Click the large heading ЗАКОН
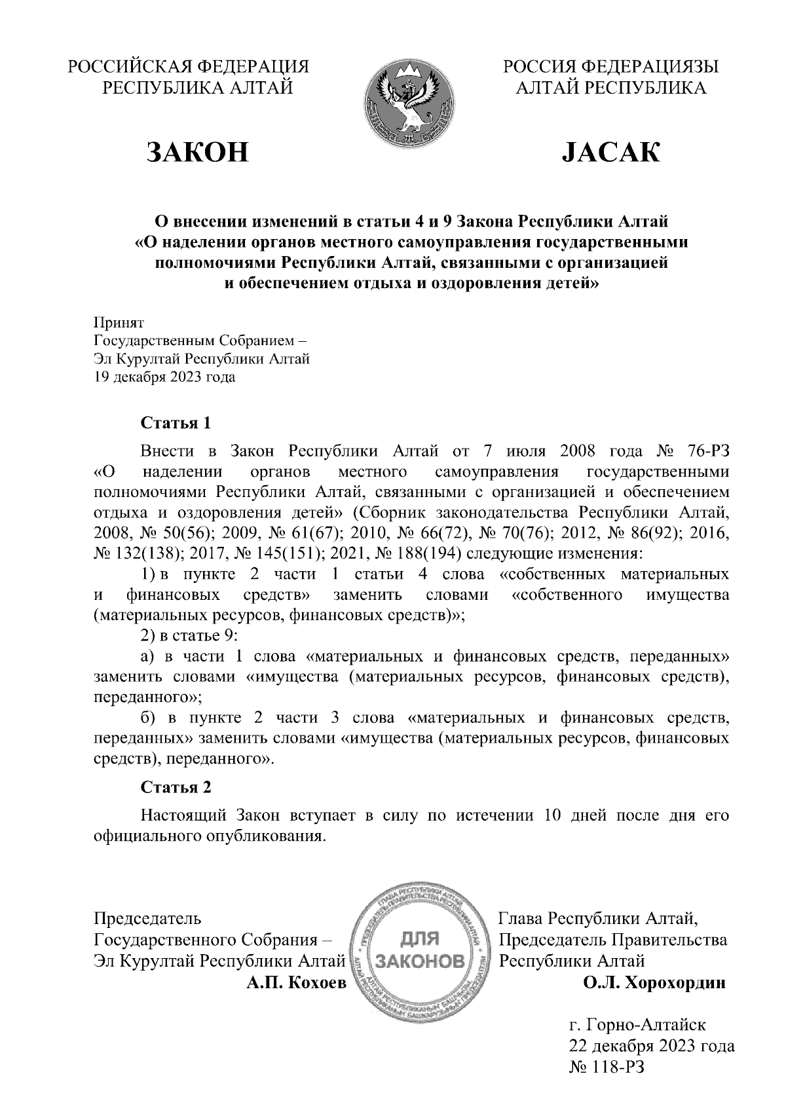[x=198, y=152]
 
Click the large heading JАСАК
[x=610, y=152]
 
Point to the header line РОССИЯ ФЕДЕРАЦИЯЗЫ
[x=610, y=67]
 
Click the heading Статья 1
[x=176, y=423]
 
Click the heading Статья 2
[x=176, y=787]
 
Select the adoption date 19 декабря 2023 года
[x=165, y=377]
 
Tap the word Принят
[x=119, y=322]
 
